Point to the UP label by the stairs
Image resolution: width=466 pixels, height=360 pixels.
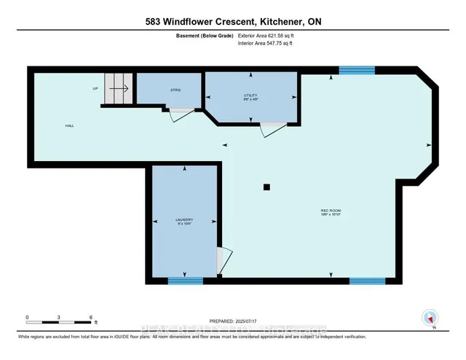point(95,89)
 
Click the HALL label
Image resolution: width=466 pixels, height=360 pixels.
point(69,125)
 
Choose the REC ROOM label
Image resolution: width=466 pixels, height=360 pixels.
point(331,211)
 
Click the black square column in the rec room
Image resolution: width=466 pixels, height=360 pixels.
point(266,187)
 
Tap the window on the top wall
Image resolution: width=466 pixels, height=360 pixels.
point(357,70)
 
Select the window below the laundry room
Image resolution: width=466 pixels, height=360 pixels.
point(186,280)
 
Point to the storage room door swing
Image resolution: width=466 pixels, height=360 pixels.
point(181,114)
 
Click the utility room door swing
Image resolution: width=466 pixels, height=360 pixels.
point(274,129)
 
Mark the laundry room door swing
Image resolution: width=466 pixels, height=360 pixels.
point(224,259)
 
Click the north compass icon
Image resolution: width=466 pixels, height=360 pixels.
point(430,318)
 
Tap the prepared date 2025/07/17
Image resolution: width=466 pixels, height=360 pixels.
point(233,321)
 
